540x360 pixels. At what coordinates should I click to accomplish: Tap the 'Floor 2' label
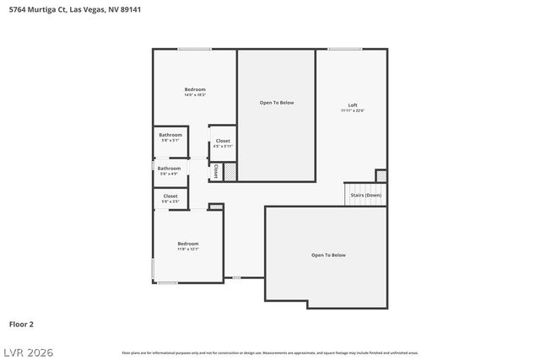(x=21, y=323)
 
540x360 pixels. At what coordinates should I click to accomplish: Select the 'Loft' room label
(x=353, y=105)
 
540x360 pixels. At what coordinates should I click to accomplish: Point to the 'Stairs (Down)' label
(x=365, y=195)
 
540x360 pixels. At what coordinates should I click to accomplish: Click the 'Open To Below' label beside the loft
(x=276, y=102)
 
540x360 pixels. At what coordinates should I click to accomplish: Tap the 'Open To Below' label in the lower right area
(x=328, y=255)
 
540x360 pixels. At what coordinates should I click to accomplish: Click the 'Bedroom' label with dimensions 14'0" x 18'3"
(x=195, y=89)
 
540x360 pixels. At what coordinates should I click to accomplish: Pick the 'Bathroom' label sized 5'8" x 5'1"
(x=170, y=135)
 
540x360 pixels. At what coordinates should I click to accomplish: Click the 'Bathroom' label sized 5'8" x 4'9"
(x=169, y=168)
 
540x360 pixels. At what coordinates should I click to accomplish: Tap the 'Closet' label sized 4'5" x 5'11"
(x=223, y=141)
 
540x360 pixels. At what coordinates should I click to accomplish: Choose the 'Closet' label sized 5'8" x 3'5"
(x=170, y=196)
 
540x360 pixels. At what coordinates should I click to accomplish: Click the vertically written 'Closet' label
(x=215, y=171)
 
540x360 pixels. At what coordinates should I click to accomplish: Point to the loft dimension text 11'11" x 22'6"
(x=353, y=110)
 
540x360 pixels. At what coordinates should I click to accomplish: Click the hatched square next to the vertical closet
(x=228, y=171)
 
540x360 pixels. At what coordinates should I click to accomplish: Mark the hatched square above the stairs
(x=381, y=175)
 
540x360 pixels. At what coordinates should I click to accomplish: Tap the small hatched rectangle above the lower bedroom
(x=216, y=207)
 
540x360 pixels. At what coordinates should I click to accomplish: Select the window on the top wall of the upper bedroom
(x=194, y=49)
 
